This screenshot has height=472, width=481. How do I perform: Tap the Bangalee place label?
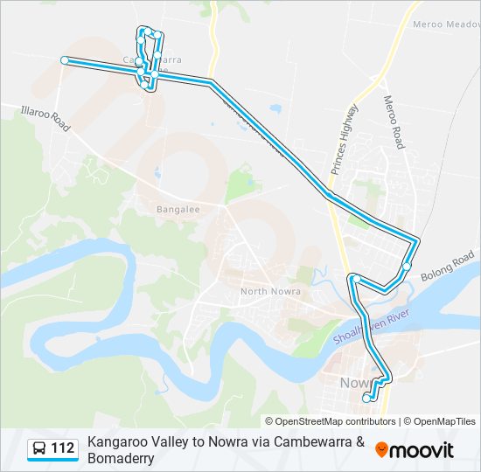point(178,210)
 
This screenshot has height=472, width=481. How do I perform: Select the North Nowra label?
point(270,291)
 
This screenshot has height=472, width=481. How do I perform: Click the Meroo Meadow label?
point(446,25)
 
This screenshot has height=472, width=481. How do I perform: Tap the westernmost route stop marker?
point(64,60)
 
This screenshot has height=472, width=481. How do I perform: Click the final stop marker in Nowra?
point(366,398)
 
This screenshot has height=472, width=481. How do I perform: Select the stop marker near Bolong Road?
point(408,267)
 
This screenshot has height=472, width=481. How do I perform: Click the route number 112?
point(63,449)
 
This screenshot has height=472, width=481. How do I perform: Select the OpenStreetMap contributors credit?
point(331,421)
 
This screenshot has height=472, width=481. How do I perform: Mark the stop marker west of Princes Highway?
point(355,279)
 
